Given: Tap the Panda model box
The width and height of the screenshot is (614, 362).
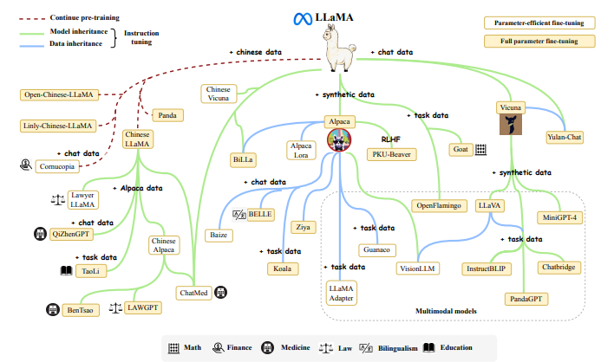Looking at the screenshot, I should [x=167, y=114].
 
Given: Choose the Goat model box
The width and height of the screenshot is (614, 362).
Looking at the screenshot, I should [x=460, y=149].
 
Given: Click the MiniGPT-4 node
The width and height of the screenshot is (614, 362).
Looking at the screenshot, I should [x=561, y=216].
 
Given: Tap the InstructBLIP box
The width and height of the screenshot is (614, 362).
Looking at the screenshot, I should [x=489, y=268].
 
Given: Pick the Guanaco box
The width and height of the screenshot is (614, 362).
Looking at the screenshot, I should [x=376, y=249].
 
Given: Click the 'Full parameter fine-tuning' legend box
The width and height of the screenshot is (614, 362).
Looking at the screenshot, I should [x=552, y=41].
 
